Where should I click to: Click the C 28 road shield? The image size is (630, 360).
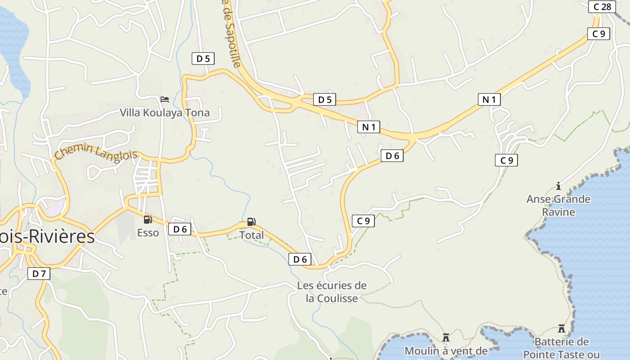click(602, 7)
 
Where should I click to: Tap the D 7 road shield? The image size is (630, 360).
click(39, 273)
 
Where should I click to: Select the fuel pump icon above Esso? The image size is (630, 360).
click(148, 220)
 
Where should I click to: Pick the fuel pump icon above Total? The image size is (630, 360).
click(252, 222)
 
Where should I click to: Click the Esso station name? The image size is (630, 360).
click(148, 233)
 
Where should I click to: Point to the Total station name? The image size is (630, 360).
click(252, 235)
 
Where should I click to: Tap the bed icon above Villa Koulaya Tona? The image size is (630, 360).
click(165, 99)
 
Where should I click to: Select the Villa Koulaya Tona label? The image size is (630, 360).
click(165, 112)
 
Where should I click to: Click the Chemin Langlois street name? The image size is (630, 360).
click(96, 151)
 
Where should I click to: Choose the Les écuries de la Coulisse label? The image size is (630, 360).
click(332, 292)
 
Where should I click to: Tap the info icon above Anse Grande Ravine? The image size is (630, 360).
click(558, 186)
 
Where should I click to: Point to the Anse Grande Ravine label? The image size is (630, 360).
click(558, 205)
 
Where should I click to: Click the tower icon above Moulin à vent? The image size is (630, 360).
click(446, 337)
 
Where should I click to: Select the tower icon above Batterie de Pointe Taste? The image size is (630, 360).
click(561, 328)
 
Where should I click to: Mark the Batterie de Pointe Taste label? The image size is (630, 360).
click(561, 348)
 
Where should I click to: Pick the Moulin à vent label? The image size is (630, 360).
click(446, 351)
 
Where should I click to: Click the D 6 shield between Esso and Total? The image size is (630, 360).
click(180, 229)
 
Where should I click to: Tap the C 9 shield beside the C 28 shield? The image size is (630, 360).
click(598, 34)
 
